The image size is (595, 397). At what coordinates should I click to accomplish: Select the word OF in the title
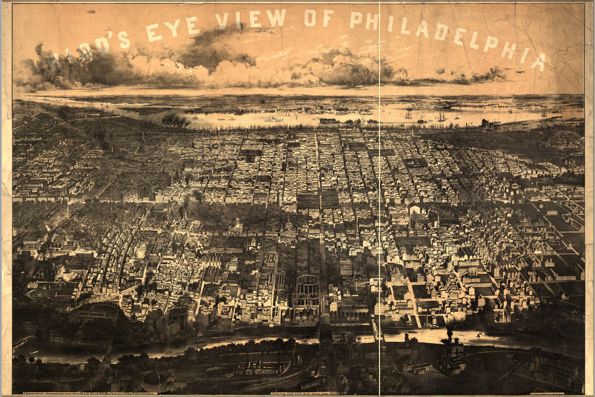tap(319, 18)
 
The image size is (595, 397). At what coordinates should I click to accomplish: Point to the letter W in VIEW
tap(276, 18)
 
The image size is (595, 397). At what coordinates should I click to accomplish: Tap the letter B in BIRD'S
tap(53, 61)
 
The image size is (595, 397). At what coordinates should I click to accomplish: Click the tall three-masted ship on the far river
tap(441, 117)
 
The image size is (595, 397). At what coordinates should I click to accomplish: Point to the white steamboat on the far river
tap(273, 119)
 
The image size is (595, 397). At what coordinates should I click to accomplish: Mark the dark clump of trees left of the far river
tap(175, 120)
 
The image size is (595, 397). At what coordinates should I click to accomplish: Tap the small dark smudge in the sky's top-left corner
tap(91, 11)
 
